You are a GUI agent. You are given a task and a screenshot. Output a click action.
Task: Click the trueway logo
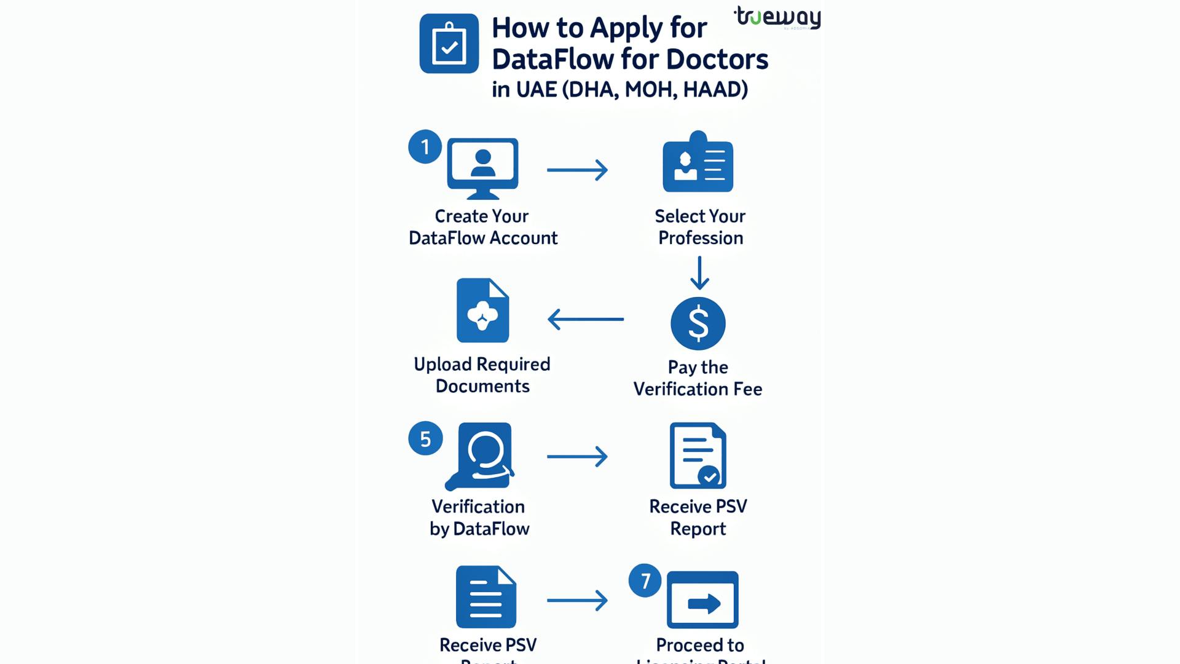(778, 17)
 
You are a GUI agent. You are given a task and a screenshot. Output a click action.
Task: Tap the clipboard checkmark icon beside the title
(449, 44)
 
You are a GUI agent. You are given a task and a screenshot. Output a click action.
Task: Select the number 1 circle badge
(425, 147)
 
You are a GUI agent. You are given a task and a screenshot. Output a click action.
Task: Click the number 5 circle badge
(425, 439)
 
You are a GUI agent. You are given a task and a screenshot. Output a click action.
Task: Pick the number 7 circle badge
(645, 580)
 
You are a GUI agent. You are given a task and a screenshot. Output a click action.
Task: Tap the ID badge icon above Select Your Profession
(698, 163)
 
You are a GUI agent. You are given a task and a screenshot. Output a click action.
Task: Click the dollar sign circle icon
(698, 323)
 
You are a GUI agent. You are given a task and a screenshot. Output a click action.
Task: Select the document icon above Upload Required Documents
(482, 310)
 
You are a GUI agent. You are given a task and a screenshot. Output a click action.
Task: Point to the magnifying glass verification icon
(481, 456)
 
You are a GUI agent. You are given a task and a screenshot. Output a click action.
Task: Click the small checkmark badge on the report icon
(709, 476)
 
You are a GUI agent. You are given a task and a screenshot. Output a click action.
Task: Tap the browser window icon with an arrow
(702, 600)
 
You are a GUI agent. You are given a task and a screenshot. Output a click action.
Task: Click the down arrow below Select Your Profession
(699, 273)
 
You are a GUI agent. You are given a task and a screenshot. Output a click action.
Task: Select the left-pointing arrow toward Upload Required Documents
(585, 319)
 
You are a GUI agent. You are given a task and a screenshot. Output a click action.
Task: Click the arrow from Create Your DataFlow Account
(577, 170)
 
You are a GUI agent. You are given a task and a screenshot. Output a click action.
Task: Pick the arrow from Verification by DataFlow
(577, 456)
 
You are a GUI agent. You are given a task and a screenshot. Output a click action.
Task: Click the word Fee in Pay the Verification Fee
(747, 389)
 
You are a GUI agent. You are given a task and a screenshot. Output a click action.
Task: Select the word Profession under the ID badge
(701, 238)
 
